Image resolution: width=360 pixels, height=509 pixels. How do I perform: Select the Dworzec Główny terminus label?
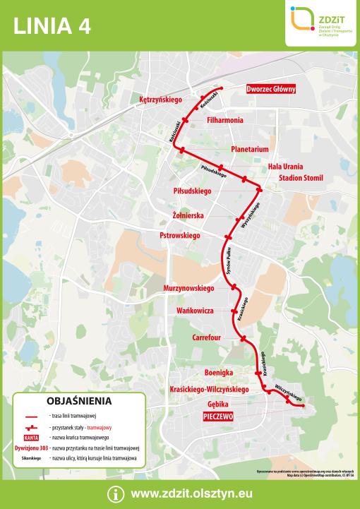tap(271, 89)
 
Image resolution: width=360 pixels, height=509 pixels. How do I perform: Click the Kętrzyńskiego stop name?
tap(161, 100)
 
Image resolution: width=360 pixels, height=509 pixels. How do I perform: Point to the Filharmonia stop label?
tap(225, 120)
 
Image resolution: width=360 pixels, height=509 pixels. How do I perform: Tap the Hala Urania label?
tap(285, 166)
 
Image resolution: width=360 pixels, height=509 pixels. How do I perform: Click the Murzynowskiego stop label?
tap(188, 289)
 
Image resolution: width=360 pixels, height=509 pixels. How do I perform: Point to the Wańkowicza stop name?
tap(194, 310)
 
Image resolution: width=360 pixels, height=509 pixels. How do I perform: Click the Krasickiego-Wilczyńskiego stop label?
tap(210, 389)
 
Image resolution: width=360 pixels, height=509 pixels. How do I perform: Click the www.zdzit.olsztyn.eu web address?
tap(191, 494)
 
